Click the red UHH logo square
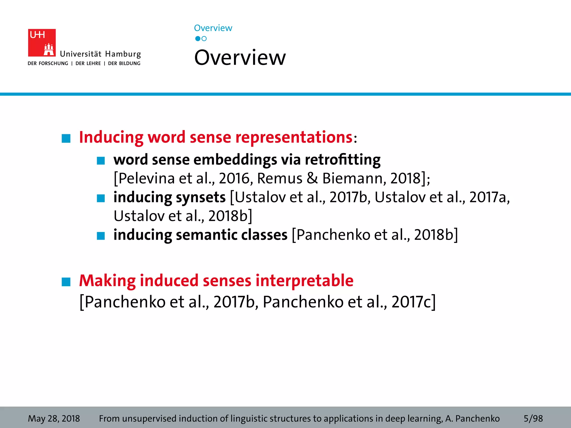[x=42, y=43]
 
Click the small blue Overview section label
[x=213, y=28]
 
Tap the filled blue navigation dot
[x=198, y=39]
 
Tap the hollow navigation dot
[x=204, y=39]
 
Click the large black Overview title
[x=240, y=58]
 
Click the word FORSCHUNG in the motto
[x=53, y=64]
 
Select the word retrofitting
[x=343, y=160]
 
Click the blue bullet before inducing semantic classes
[x=101, y=236]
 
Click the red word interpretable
[x=304, y=281]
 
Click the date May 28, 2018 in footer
[x=54, y=419]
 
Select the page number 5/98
[x=533, y=419]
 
